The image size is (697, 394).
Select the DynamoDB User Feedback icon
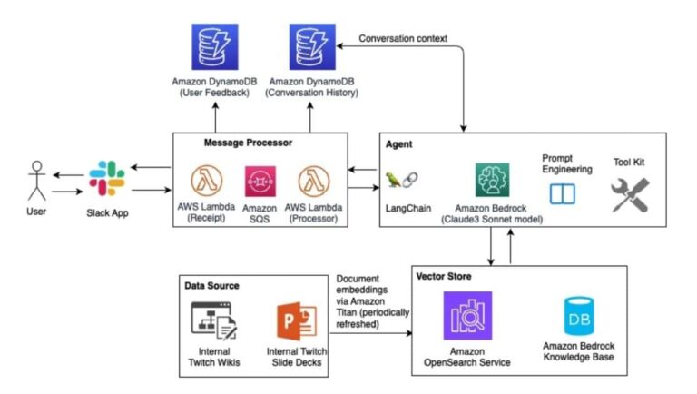point(214,47)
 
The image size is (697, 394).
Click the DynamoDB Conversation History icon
point(312,47)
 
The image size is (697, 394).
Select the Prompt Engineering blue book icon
point(563,193)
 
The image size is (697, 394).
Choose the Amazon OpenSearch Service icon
point(467,315)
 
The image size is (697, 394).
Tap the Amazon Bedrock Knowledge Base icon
point(578,318)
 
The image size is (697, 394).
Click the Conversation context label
point(403,38)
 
